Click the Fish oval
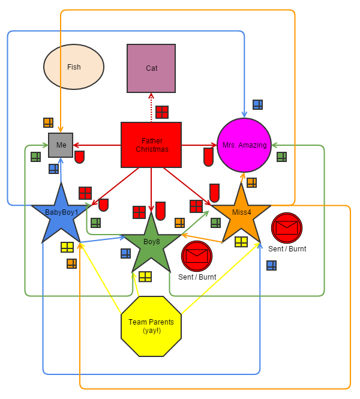tap(74, 67)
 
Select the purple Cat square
tap(151, 68)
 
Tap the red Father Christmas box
tap(151, 145)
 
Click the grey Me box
tap(61, 145)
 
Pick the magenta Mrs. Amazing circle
tap(244, 145)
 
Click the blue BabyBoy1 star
tap(61, 214)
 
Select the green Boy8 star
tap(151, 242)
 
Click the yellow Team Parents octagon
tap(151, 326)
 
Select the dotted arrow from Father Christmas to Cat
tap(151, 108)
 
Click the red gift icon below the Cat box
tap(162, 112)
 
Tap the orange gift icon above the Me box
tap(49, 122)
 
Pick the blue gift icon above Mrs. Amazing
tap(257, 104)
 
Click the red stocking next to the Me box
tap(79, 157)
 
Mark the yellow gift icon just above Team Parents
tap(145, 277)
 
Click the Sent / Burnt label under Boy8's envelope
tap(197, 277)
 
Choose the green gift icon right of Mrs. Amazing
tap(281, 157)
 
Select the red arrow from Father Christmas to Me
tap(97, 145)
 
